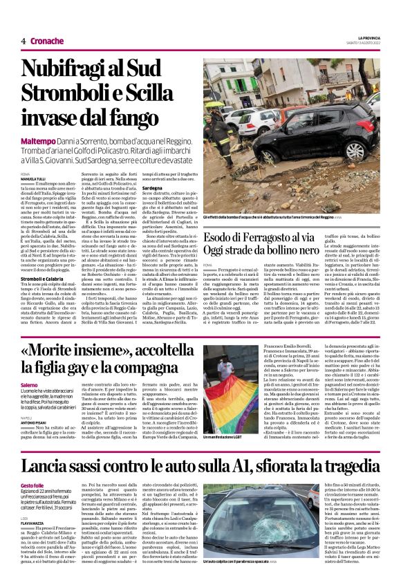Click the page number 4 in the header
23,41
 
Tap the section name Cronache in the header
47,41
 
